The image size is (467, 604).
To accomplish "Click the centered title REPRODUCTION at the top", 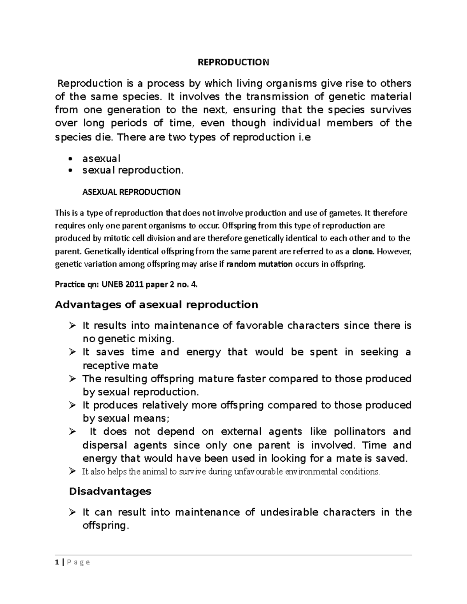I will [x=233, y=62].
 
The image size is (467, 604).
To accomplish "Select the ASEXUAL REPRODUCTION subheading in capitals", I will [x=132, y=192].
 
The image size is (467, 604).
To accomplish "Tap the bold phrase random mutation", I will [x=259, y=264].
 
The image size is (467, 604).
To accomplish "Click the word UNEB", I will [x=111, y=285].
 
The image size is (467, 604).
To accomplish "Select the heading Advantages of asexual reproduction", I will [x=156, y=305].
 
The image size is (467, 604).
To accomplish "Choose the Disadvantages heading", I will [x=110, y=491].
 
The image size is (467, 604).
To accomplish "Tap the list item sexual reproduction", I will [x=132, y=170].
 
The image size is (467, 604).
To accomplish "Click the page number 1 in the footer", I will [x=57, y=562].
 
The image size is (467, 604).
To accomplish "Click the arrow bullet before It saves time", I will [x=72, y=352].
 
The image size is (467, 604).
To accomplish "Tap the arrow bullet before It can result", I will [x=72, y=512].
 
